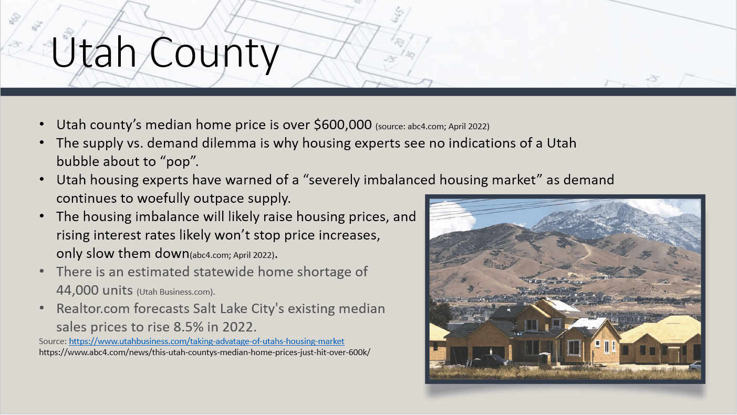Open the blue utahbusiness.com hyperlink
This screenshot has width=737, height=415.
point(206,341)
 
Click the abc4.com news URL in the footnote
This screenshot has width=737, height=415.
point(205,352)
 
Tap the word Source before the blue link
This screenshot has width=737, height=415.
point(53,341)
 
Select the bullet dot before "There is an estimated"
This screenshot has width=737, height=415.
point(42,272)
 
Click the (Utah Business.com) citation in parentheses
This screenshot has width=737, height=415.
point(176,291)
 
